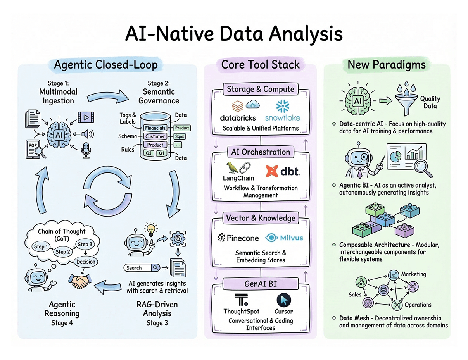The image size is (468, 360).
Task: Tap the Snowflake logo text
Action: pyautogui.click(x=283, y=117)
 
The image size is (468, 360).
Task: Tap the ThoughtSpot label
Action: pyautogui.click(x=241, y=311)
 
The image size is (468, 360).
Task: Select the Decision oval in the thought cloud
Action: pyautogui.click(x=86, y=262)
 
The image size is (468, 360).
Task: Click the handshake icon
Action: pyautogui.click(x=80, y=281)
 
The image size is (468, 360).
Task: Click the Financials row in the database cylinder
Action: pyautogui.click(x=155, y=128)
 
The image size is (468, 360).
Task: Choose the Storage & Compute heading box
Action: pyautogui.click(x=261, y=89)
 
